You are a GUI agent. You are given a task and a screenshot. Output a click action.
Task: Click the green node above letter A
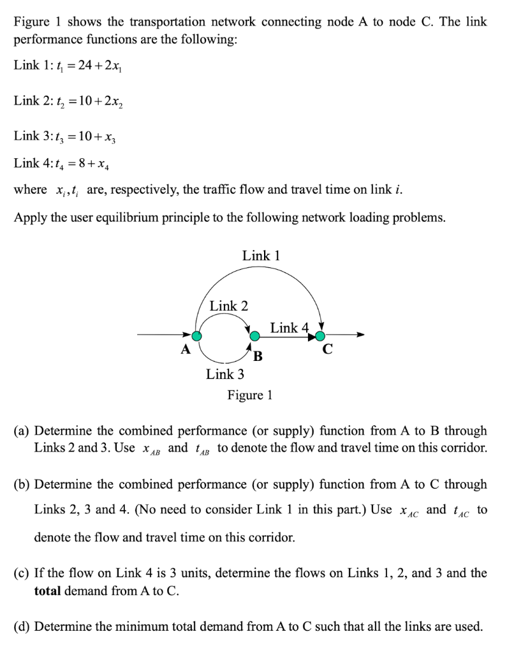pyautogui.click(x=198, y=335)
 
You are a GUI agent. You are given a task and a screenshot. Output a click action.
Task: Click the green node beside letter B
pyautogui.click(x=254, y=336)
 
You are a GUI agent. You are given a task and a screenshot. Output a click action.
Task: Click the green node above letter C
pyautogui.click(x=320, y=336)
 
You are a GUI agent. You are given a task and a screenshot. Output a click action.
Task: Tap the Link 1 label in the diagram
pyautogui.click(x=261, y=256)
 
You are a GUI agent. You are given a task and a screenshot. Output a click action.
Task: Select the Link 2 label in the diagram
pyautogui.click(x=229, y=306)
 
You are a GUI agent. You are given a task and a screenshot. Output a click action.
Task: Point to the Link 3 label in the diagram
pyautogui.click(x=225, y=374)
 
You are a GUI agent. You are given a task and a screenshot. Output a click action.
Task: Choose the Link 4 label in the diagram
pyautogui.click(x=289, y=328)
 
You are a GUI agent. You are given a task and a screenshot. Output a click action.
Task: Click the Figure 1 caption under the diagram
pyautogui.click(x=250, y=395)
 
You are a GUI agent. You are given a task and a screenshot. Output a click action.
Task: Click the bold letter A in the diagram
pyautogui.click(x=185, y=349)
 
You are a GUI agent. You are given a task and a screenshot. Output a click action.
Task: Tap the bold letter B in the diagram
pyautogui.click(x=258, y=355)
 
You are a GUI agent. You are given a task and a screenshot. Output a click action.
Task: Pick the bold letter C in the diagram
pyautogui.click(x=328, y=350)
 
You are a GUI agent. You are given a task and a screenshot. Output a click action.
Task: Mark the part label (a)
pyautogui.click(x=22, y=431)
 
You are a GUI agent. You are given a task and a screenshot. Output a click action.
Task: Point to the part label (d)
pyautogui.click(x=22, y=626)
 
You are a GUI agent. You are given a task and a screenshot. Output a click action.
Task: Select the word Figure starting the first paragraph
pyautogui.click(x=31, y=22)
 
